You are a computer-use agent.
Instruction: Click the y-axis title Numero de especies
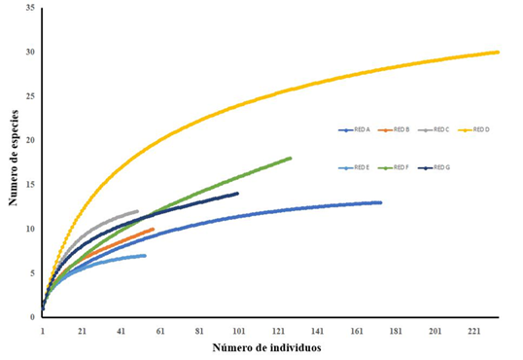(15, 160)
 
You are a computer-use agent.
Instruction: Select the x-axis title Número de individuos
(268, 347)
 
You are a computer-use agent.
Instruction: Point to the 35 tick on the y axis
(30, 8)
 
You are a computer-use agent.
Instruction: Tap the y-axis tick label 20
(30, 140)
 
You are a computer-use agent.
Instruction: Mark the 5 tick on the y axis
(33, 272)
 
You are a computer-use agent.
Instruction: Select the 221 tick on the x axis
(475, 331)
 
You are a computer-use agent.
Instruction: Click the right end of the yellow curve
(498, 53)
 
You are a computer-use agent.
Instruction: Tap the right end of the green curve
(290, 159)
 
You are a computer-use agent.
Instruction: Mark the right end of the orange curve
(153, 230)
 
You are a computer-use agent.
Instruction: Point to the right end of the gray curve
(137, 211)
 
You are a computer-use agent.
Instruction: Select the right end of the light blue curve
(145, 256)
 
